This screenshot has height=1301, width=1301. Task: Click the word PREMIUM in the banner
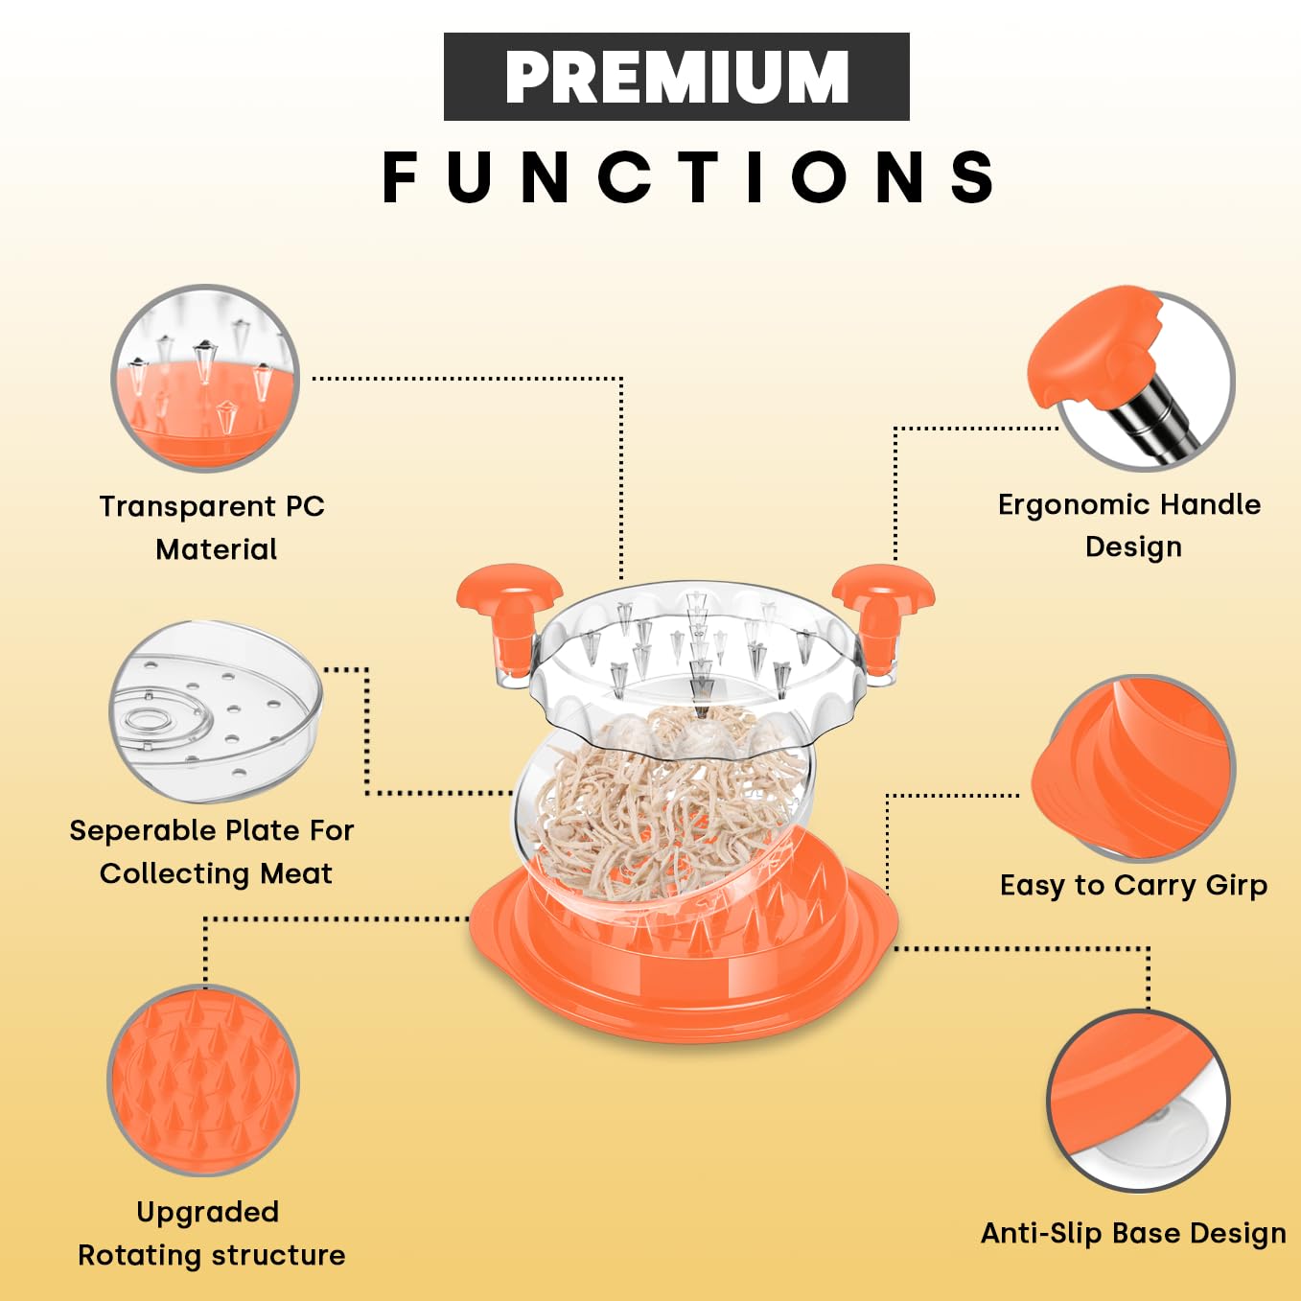pos(676,77)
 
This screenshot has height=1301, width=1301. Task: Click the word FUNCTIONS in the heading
pos(688,177)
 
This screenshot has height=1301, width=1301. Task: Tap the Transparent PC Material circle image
pos(205,378)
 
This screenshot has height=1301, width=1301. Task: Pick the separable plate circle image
pos(216,711)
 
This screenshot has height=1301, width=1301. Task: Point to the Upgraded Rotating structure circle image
pos(203,1080)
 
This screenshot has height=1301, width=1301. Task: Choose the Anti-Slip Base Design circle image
pos(1137,1100)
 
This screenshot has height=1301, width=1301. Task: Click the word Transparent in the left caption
pos(187,506)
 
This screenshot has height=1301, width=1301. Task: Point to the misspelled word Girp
pos(1236,885)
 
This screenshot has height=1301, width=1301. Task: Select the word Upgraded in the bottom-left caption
pos(207,1212)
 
